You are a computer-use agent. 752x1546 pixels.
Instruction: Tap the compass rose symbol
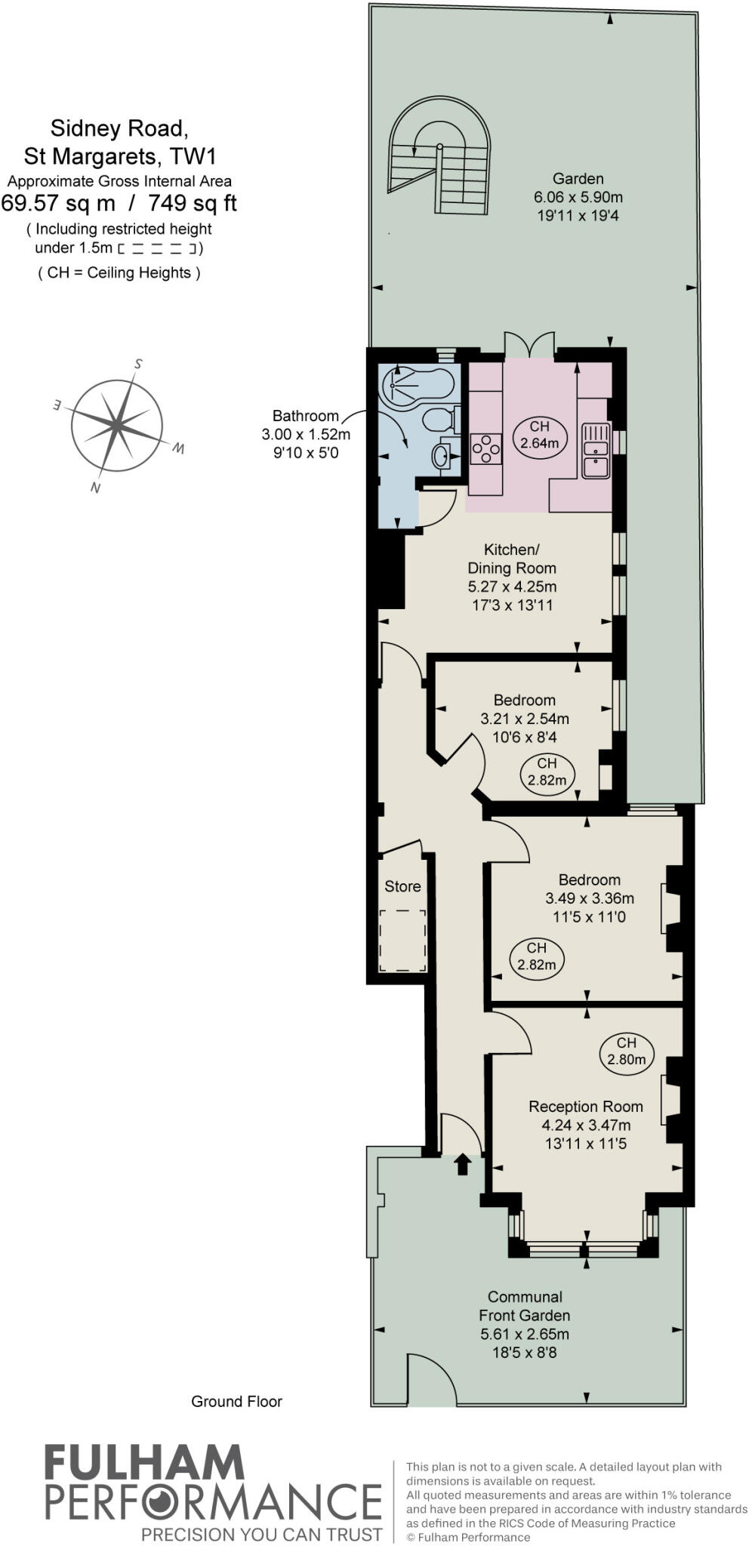tap(117, 426)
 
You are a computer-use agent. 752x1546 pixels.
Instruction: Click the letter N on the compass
tap(95, 488)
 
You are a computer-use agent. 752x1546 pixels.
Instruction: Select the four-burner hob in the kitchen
tap(485, 448)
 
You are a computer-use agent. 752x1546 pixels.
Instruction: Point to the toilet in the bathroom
tap(438, 419)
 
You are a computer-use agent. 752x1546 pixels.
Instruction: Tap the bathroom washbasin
tap(441, 455)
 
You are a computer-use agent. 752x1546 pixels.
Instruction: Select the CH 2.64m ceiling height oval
tap(539, 435)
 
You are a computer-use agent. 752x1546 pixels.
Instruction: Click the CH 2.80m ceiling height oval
tap(626, 1051)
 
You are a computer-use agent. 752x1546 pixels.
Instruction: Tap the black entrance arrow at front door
tap(462, 1165)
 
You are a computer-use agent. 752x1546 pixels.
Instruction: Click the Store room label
tap(402, 886)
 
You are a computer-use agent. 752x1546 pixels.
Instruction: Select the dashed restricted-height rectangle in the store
tap(402, 941)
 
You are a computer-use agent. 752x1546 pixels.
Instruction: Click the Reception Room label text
tap(585, 1107)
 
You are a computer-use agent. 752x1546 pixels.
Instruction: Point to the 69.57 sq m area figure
tap(59, 203)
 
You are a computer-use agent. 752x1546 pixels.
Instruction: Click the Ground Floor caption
tap(236, 1401)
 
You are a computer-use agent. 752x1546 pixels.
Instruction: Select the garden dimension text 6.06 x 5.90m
tap(578, 198)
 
